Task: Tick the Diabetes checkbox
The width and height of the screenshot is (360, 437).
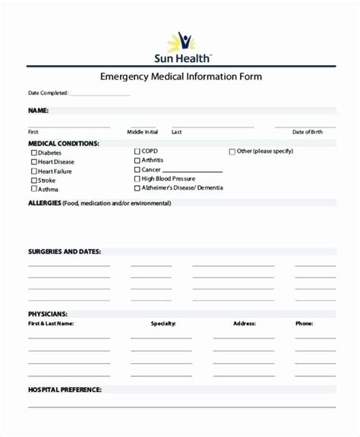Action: tap(33, 152)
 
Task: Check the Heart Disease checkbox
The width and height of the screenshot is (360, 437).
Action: tap(33, 162)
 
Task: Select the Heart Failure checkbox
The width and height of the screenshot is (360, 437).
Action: tap(33, 171)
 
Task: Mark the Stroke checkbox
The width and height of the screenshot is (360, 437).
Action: tap(33, 181)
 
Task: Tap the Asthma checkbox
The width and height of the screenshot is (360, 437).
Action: tap(33, 190)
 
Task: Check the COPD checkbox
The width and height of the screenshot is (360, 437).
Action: tap(137, 151)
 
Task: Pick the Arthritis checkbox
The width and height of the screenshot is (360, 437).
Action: tap(137, 161)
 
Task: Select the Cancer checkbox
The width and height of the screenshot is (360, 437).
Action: tap(137, 170)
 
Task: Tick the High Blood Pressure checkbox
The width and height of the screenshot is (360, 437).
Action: tap(137, 179)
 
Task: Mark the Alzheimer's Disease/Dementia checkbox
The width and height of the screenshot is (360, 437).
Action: tap(137, 188)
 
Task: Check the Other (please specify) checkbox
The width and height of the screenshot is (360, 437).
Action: tap(232, 151)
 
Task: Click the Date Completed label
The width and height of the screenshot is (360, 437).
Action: tap(48, 93)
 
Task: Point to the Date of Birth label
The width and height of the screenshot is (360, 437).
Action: tap(307, 132)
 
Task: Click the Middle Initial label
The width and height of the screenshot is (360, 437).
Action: tap(142, 132)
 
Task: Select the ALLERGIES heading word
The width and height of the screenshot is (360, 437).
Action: tap(44, 203)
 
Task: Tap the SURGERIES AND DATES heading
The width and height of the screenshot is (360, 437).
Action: tap(64, 251)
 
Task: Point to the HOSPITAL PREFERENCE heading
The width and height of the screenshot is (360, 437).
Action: tap(65, 389)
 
